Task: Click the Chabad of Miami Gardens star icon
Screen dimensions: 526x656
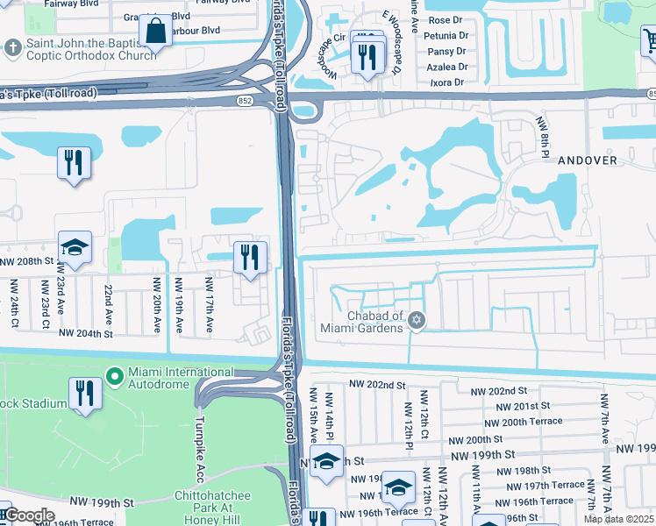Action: [x=417, y=321]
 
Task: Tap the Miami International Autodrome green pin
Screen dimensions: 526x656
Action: [x=114, y=377]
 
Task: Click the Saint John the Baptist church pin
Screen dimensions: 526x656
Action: [x=13, y=46]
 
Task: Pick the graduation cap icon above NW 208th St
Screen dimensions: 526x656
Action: [x=75, y=248]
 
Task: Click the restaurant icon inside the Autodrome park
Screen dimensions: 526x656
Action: [x=85, y=394]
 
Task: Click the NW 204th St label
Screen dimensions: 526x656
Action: [x=86, y=333]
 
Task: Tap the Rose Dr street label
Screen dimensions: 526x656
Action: [x=445, y=20]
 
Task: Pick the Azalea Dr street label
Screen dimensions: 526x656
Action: [x=448, y=67]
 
